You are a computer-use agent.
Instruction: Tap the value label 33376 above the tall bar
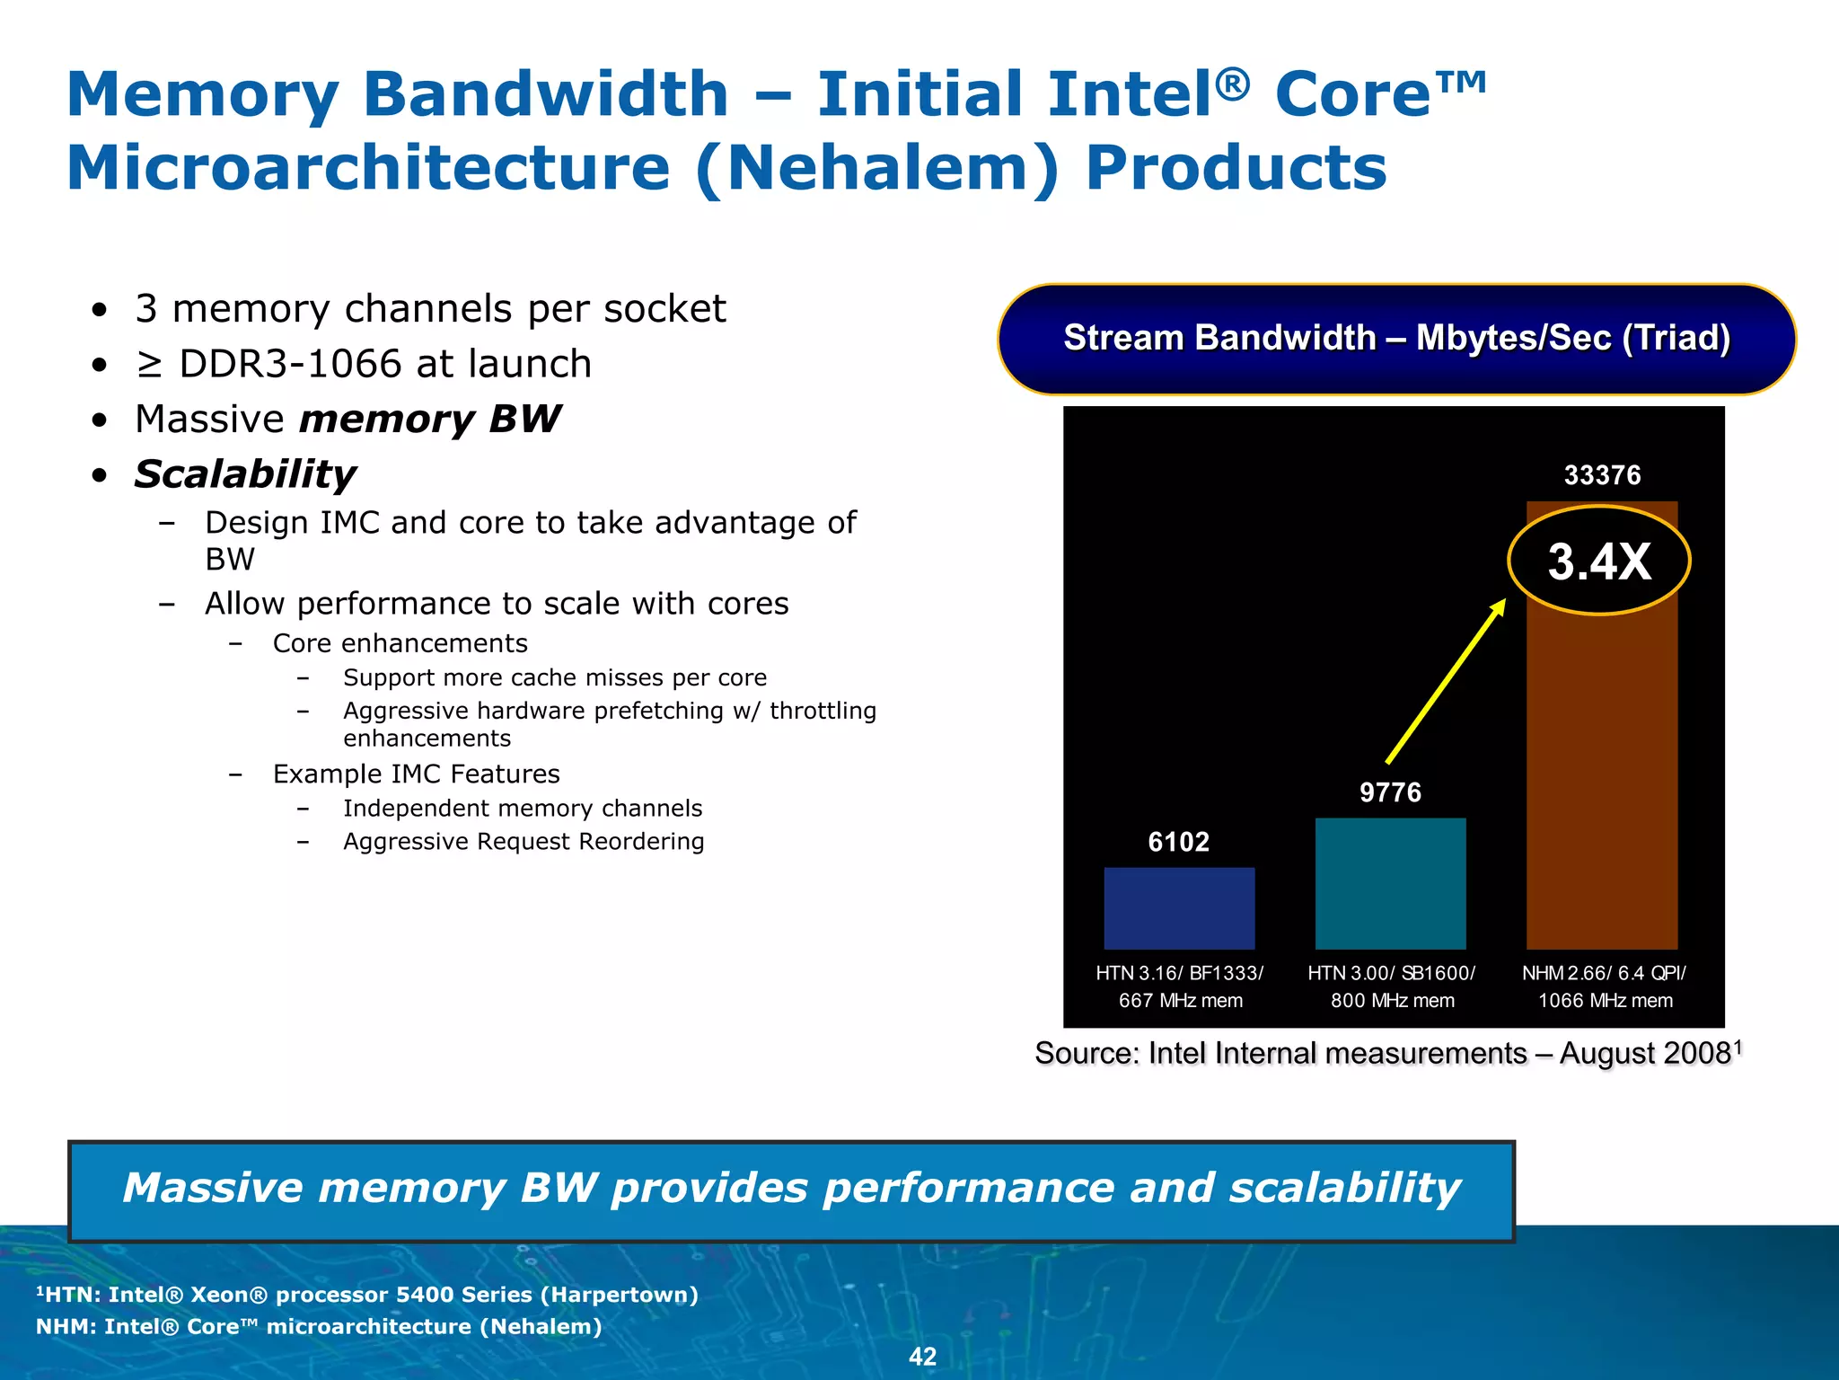click(1602, 475)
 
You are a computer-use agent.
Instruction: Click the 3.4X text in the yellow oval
click(1599, 562)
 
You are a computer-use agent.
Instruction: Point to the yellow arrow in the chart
click(1445, 682)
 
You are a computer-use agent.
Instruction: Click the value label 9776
click(1390, 792)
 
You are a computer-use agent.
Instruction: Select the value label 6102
click(1178, 842)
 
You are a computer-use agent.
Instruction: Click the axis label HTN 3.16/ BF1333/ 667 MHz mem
click(1180, 986)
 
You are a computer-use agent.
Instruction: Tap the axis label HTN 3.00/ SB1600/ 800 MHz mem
click(1392, 986)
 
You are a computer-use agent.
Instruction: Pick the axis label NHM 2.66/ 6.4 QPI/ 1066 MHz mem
click(1605, 986)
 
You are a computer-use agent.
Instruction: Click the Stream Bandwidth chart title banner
click(1396, 339)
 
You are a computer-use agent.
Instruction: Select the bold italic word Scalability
click(245, 474)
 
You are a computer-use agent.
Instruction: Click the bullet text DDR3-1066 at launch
click(385, 364)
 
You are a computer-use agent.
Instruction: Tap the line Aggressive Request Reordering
click(524, 842)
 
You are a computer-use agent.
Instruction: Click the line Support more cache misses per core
click(555, 677)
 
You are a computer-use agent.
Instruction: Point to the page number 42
click(922, 1357)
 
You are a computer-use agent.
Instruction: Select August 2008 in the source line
click(1645, 1053)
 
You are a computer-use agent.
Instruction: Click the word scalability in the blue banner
click(1344, 1188)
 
